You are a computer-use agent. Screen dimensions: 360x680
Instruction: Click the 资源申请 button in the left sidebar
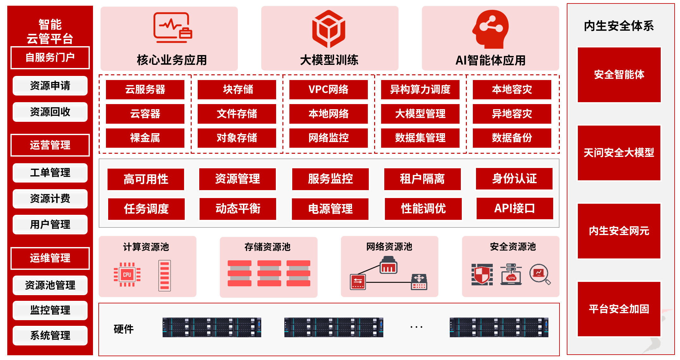pyautogui.click(x=50, y=86)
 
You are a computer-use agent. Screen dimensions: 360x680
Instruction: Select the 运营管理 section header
pyautogui.click(x=50, y=145)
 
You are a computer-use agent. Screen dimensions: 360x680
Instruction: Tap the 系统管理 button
pyautogui.click(x=50, y=335)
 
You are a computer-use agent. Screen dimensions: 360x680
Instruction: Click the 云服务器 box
pyautogui.click(x=145, y=90)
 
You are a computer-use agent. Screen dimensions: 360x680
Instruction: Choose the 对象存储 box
pyautogui.click(x=237, y=138)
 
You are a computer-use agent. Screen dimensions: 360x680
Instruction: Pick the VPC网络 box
pyautogui.click(x=328, y=90)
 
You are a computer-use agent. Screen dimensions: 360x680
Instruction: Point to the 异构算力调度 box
pyautogui.click(x=420, y=90)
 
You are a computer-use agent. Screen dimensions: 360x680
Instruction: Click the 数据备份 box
pyautogui.click(x=512, y=138)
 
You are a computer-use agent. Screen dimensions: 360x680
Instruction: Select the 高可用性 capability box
pyautogui.click(x=146, y=179)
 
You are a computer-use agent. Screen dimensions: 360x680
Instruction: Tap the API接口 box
pyautogui.click(x=515, y=208)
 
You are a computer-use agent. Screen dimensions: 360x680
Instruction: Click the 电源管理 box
pyautogui.click(x=330, y=209)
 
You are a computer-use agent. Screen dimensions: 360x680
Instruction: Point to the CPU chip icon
pyautogui.click(x=127, y=275)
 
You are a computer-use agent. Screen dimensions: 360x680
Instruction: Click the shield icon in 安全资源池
pyautogui.click(x=482, y=274)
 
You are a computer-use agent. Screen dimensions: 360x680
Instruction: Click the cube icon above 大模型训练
pyautogui.click(x=329, y=29)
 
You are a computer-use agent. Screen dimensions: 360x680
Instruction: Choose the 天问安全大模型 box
pyautogui.click(x=619, y=153)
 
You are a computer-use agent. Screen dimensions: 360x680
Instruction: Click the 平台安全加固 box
pyautogui.click(x=619, y=309)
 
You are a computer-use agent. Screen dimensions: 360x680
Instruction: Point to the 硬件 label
pyautogui.click(x=124, y=329)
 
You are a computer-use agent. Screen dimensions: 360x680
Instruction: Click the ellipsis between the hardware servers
pyautogui.click(x=416, y=327)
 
